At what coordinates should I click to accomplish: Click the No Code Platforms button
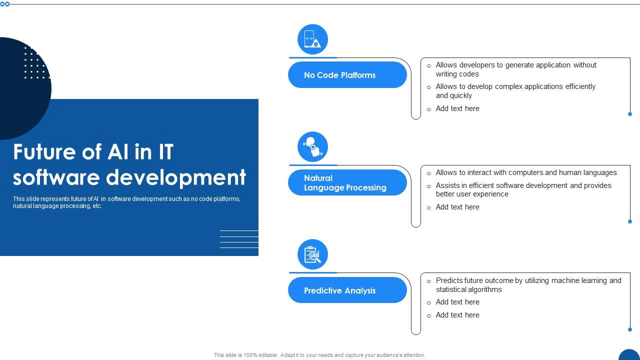pyautogui.click(x=347, y=75)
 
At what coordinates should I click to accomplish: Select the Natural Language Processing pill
pyautogui.click(x=347, y=182)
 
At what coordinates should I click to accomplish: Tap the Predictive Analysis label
pyautogui.click(x=340, y=290)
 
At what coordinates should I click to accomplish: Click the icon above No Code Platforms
pyautogui.click(x=312, y=39)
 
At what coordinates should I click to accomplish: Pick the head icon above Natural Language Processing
pyautogui.click(x=312, y=146)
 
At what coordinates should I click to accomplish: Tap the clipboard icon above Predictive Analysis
pyautogui.click(x=312, y=254)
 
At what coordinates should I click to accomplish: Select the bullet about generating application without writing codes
pyautogui.click(x=515, y=69)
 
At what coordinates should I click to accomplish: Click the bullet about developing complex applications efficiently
pyautogui.click(x=515, y=91)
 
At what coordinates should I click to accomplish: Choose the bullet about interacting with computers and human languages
pyautogui.click(x=526, y=172)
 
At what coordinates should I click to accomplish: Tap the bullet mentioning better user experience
pyautogui.click(x=523, y=189)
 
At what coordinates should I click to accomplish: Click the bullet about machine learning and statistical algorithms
pyautogui.click(x=528, y=285)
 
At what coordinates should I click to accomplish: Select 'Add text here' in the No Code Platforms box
pyautogui.click(x=457, y=108)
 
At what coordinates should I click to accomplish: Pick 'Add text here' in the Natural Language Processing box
pyautogui.click(x=457, y=207)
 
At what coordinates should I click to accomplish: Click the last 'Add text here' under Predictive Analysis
pyautogui.click(x=457, y=315)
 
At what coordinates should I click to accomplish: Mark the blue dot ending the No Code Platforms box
pyautogui.click(x=630, y=114)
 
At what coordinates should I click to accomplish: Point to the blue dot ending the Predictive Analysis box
pyautogui.click(x=630, y=329)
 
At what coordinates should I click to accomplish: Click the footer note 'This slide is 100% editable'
pyautogui.click(x=319, y=355)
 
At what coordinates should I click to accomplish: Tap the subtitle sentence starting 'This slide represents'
pyautogui.click(x=126, y=202)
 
